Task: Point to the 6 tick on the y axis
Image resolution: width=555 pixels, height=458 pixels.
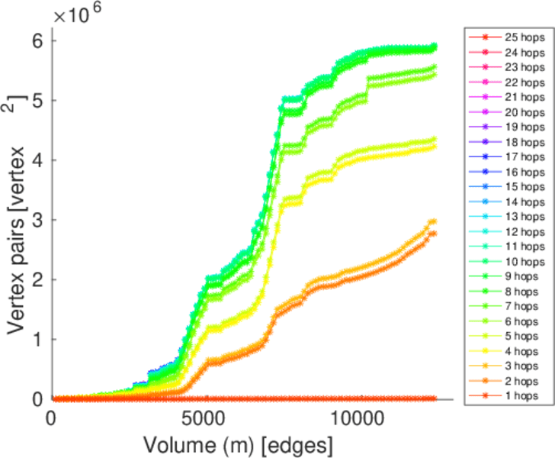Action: tap(35, 40)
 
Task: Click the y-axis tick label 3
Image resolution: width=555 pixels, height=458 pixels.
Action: tap(35, 220)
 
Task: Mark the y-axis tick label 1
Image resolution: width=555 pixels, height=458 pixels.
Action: tap(35, 340)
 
